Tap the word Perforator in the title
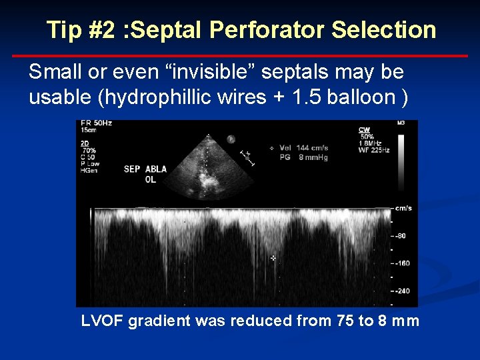269,30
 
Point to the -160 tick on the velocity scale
401,263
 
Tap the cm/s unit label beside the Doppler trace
403,208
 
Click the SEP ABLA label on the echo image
145,169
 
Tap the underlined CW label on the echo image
365,129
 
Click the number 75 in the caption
345,321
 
